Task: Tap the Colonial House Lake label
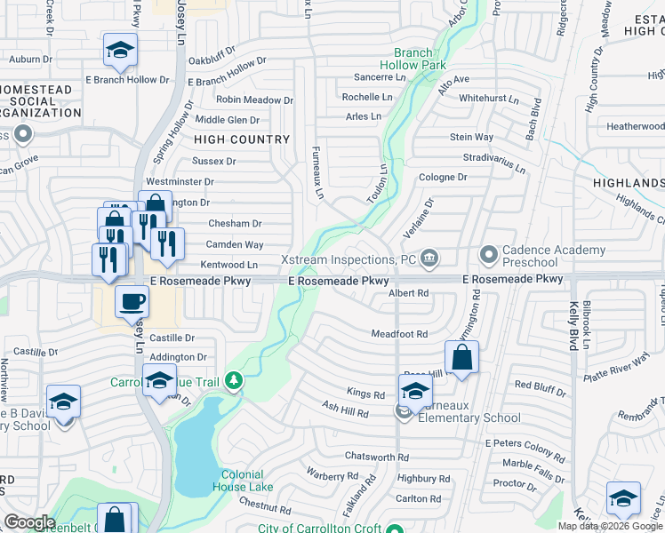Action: pos(242,481)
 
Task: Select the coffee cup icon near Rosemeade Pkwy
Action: pos(132,302)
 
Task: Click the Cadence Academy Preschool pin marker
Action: pos(488,255)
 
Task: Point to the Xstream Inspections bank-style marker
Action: pos(429,259)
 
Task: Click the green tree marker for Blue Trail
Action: pos(234,381)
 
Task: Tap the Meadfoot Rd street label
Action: pos(399,334)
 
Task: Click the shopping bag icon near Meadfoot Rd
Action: pos(461,358)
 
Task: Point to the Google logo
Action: pos(28,522)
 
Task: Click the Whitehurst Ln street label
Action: pos(488,99)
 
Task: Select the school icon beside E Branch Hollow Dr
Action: pos(120,51)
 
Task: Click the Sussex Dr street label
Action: pos(214,162)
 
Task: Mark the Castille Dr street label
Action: pos(172,338)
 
